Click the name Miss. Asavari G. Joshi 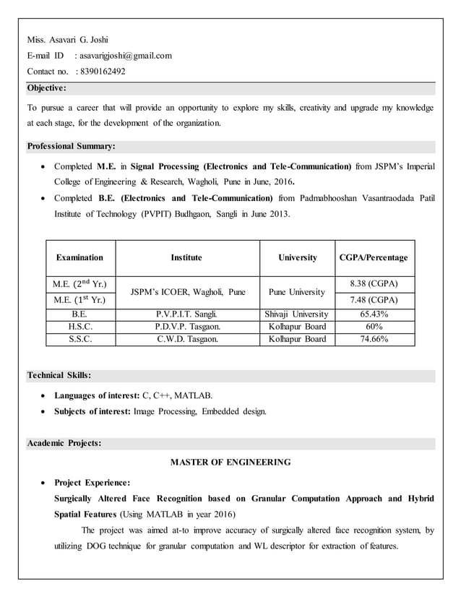coord(67,39)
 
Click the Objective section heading coord(47,88)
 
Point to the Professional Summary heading coord(71,146)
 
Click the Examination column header coord(80,257)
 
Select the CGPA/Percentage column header coord(374,257)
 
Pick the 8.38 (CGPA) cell coord(374,283)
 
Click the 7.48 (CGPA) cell coord(374,300)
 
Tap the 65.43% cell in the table coord(374,314)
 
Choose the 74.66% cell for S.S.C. coord(374,338)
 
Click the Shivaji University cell coord(298,314)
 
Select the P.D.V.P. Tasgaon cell coord(187,327)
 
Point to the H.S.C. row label coord(80,327)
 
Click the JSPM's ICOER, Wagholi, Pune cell coord(187,292)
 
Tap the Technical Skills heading coord(59,375)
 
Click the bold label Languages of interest coord(97,395)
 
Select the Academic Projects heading coord(64,443)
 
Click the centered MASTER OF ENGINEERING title coord(231,462)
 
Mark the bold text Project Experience coord(92,483)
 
